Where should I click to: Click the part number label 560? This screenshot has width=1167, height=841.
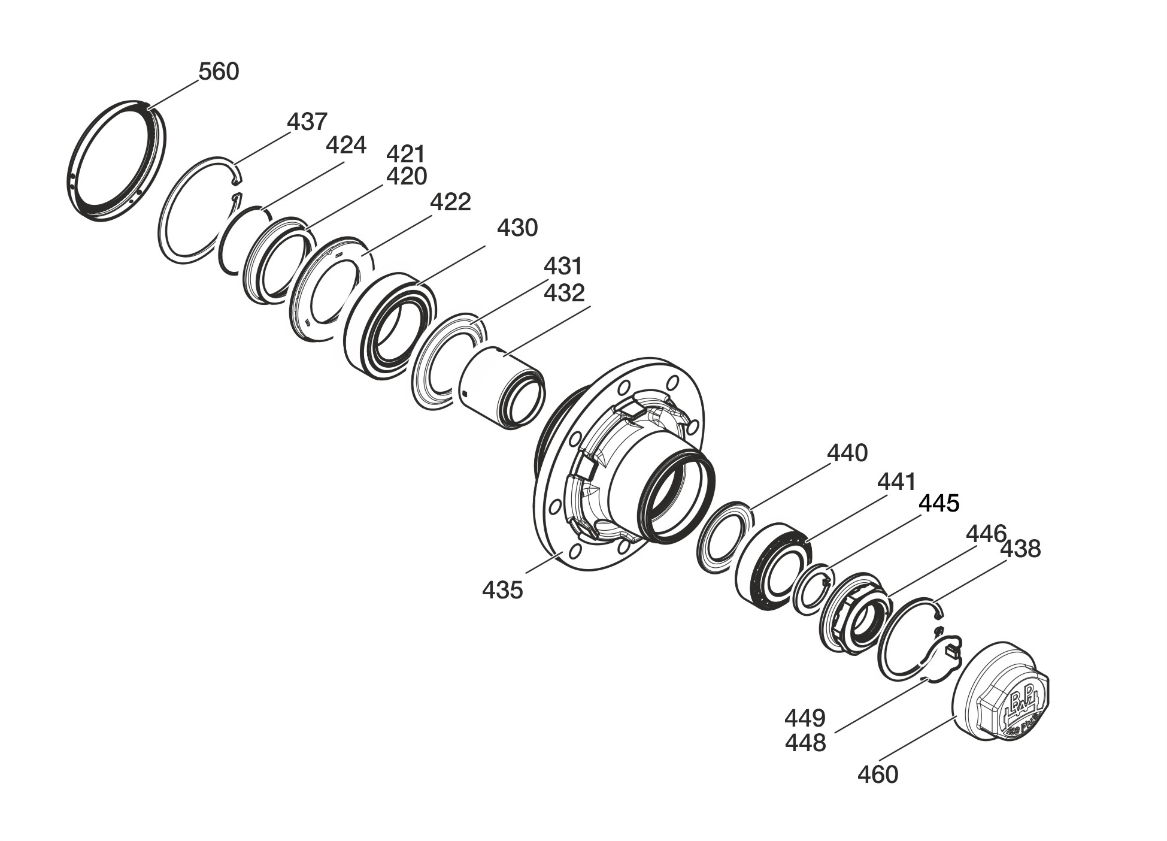(219, 72)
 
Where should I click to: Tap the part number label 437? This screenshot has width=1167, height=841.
(307, 122)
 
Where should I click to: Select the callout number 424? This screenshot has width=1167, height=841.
(345, 145)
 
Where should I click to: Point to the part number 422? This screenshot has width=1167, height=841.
(451, 202)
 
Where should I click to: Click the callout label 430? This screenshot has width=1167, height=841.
(517, 228)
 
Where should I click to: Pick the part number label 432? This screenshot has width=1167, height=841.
(564, 293)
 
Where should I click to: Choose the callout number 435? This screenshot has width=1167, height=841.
(502, 590)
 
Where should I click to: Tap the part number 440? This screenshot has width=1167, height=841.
(847, 453)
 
